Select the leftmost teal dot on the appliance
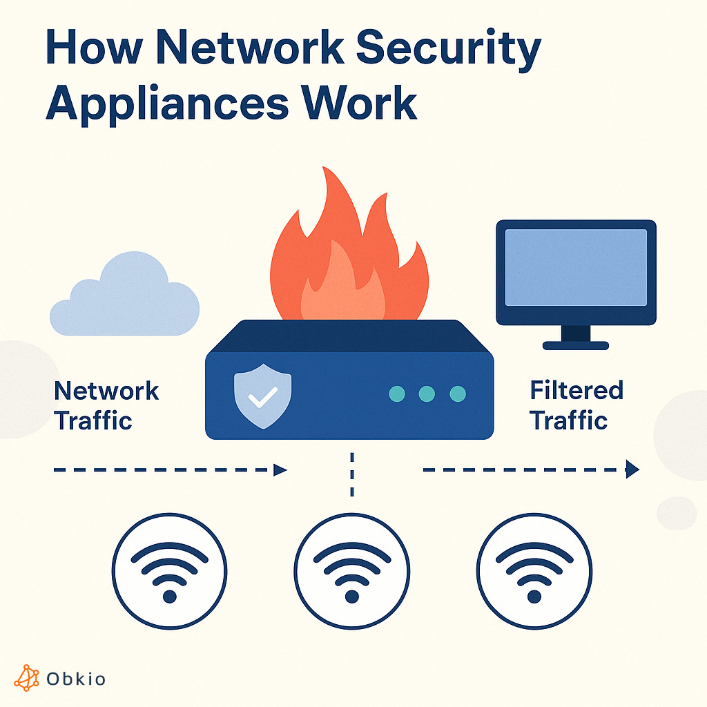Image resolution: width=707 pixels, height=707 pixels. [396, 394]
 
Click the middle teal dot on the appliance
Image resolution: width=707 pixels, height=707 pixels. [427, 394]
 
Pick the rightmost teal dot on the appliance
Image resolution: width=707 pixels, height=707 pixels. [458, 394]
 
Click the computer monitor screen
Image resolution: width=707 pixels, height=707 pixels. [576, 268]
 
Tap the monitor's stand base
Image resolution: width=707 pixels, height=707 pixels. [576, 345]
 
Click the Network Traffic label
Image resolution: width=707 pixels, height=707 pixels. [106, 405]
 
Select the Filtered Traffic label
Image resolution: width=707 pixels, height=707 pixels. [576, 405]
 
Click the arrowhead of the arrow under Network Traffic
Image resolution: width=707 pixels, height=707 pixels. [280, 470]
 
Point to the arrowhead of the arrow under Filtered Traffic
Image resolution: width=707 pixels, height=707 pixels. [632, 470]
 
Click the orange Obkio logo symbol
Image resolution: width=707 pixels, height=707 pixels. [27, 679]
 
